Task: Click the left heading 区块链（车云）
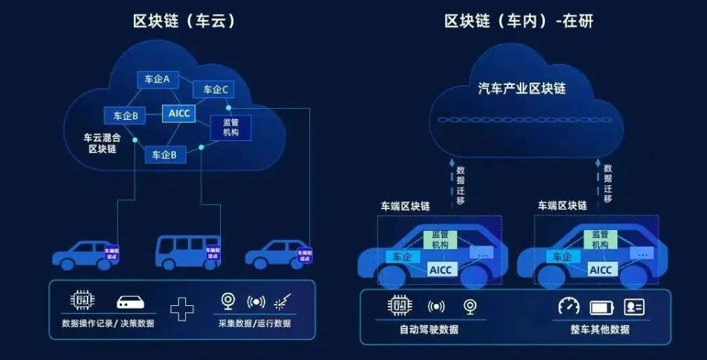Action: pos(184,21)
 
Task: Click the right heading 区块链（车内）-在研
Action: pos(518,21)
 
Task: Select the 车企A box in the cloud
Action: pos(157,79)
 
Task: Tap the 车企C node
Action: pos(215,89)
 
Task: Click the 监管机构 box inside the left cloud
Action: pos(231,127)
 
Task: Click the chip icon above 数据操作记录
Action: pos(82,301)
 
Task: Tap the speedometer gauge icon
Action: pos(569,306)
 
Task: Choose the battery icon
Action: pos(602,307)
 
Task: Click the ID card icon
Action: pos(634,307)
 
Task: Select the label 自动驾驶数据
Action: pos(429,329)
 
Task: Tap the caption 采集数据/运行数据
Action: pos(255,324)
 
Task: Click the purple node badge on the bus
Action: pos(212,253)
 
